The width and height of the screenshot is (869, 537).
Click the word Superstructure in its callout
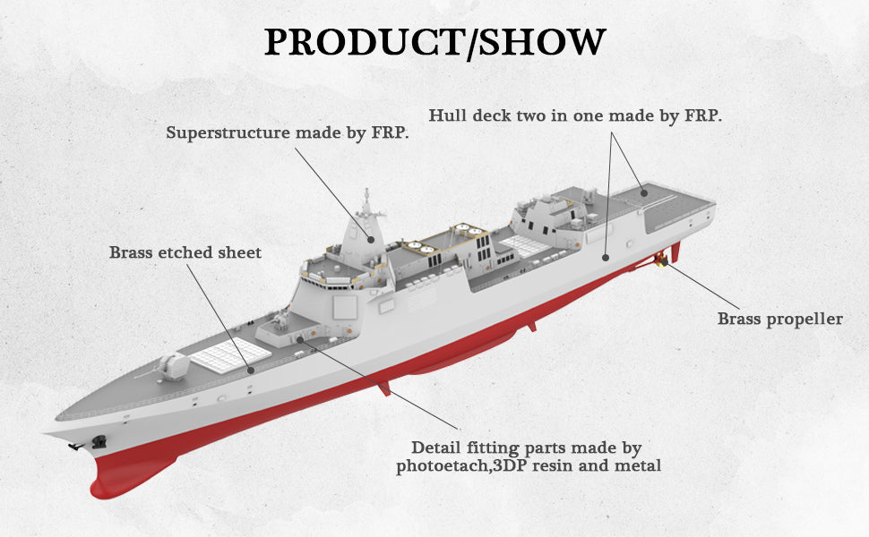tap(228, 132)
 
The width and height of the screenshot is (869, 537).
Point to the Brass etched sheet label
tap(185, 252)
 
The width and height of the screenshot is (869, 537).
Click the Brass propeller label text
tap(779, 319)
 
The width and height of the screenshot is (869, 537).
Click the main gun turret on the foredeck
tap(173, 366)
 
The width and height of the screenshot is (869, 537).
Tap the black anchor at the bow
tap(98, 441)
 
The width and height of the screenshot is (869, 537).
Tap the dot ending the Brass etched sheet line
tap(252, 369)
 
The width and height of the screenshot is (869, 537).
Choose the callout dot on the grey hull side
tap(606, 258)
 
